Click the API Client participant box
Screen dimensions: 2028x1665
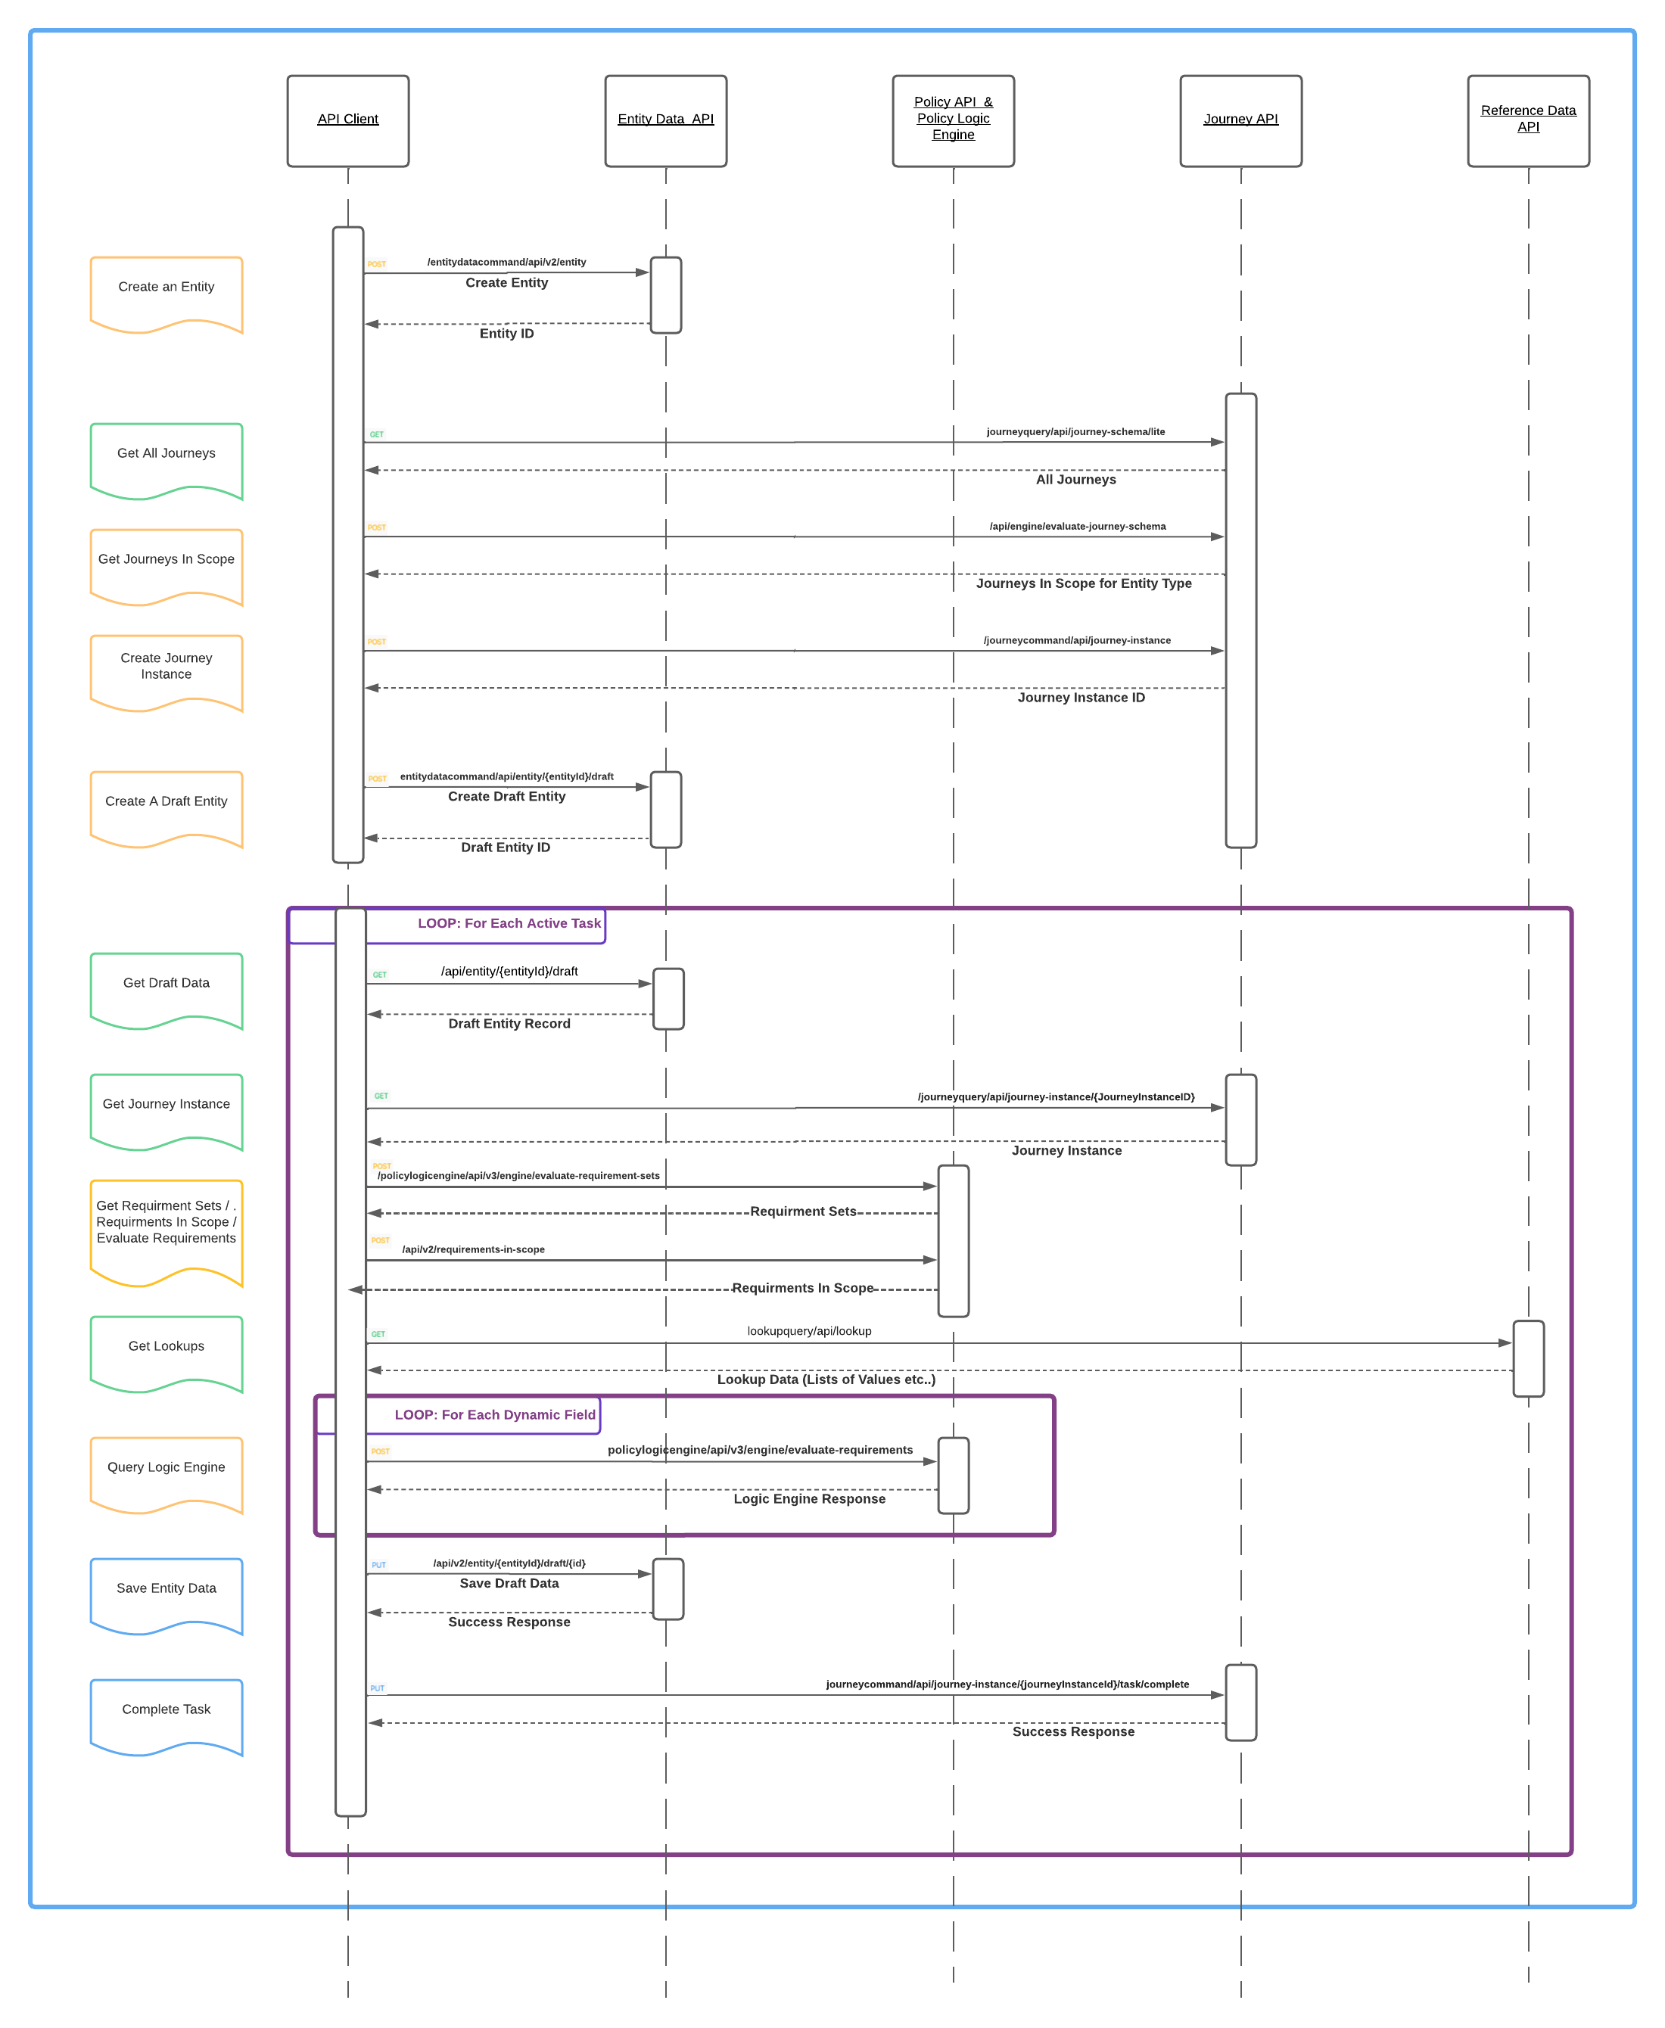click(347, 121)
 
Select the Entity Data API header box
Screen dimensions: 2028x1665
click(665, 121)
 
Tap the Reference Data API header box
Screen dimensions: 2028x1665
click(1528, 121)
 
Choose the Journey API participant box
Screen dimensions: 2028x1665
click(1240, 121)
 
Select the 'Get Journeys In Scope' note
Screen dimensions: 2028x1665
click(166, 564)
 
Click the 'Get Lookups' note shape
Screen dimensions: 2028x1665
click(166, 1350)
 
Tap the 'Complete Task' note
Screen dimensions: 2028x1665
click(166, 1713)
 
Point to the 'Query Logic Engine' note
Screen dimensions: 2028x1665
click(166, 1471)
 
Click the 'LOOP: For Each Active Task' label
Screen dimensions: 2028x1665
click(509, 923)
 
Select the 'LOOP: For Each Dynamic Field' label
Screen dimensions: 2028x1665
click(495, 1414)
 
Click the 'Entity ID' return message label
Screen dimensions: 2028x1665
click(506, 334)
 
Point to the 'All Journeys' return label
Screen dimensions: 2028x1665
click(1075, 480)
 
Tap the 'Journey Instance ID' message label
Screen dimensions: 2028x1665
click(1081, 697)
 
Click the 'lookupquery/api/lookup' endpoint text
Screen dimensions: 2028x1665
click(810, 1331)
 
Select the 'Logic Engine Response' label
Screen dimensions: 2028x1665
click(810, 1499)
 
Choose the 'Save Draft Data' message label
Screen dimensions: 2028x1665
click(509, 1583)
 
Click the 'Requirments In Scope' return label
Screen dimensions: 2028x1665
click(803, 1288)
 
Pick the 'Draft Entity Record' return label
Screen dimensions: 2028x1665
click(509, 1023)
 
